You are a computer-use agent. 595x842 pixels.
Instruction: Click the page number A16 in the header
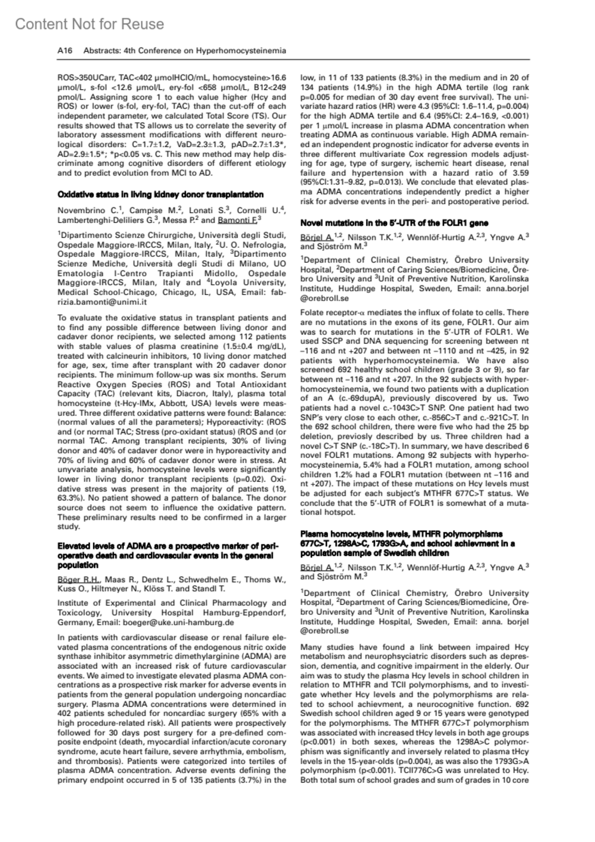(65, 51)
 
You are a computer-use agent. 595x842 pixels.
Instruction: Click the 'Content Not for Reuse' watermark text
(89, 24)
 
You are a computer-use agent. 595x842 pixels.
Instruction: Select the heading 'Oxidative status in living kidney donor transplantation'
(160, 194)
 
